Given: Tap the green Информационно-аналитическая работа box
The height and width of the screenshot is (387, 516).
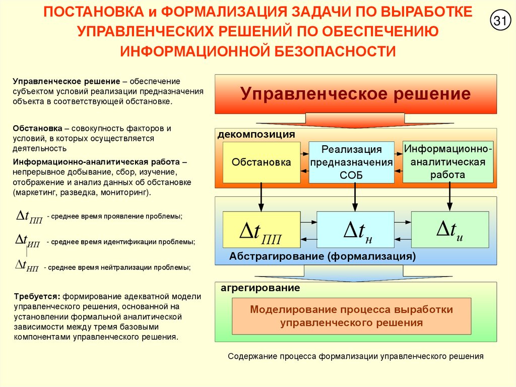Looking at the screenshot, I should [448, 161].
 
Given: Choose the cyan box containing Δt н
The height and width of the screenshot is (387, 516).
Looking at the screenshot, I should [355, 230].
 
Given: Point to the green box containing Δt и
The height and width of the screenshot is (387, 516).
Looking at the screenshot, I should [450, 229].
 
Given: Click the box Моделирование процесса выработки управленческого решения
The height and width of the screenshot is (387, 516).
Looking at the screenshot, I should [351, 316].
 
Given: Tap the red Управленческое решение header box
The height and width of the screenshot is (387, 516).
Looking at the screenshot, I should [356, 94].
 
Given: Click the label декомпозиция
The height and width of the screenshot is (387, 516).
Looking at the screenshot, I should [256, 135].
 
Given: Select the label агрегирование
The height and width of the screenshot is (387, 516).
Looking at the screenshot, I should [260, 288].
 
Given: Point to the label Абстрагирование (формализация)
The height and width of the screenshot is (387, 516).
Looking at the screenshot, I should [322, 256].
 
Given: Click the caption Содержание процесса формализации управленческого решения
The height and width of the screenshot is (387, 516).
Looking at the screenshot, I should [356, 356].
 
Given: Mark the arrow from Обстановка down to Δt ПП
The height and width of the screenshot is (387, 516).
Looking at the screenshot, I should [261, 197].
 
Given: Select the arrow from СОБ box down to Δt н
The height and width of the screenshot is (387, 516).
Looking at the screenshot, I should [355, 197].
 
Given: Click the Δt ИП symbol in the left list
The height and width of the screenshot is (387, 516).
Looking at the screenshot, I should [29, 240].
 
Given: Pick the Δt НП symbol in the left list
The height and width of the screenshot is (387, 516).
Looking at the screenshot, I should [28, 265].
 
